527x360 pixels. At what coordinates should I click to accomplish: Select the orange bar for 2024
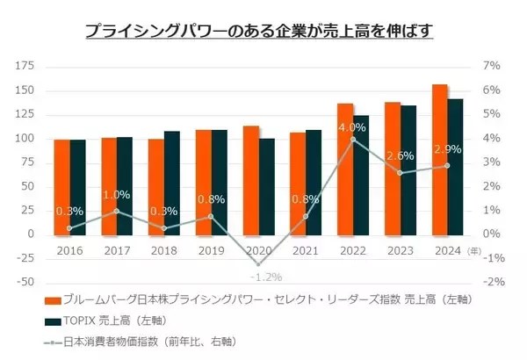click(x=440, y=159)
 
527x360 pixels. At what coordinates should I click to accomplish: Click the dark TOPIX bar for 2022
click(x=362, y=175)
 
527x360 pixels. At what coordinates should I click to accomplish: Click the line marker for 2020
click(x=259, y=263)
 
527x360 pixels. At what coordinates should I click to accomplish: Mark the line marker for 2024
click(x=448, y=165)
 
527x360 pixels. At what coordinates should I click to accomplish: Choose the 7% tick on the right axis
click(x=492, y=67)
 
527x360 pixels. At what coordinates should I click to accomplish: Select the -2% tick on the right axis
click(x=492, y=282)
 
